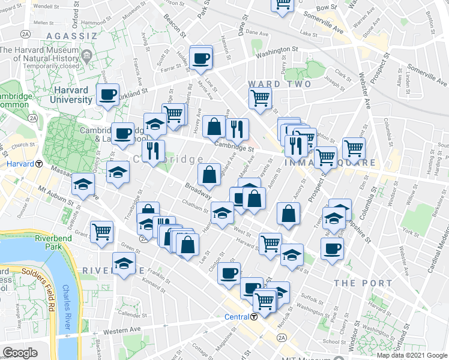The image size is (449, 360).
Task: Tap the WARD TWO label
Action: [280, 84]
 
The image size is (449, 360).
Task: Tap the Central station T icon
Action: [255, 317]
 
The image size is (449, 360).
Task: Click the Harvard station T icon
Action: [39, 164]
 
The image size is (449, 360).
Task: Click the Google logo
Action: [20, 353]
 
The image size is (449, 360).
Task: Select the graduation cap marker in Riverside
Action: [124, 264]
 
